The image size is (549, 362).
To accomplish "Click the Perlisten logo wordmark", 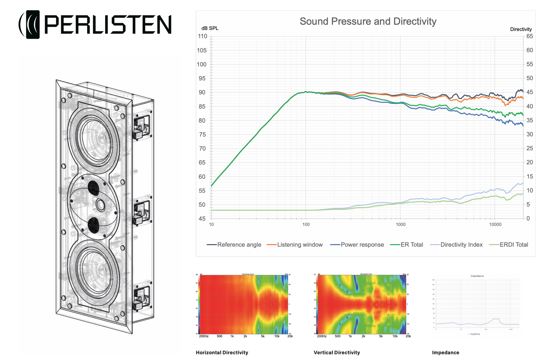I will (107, 24).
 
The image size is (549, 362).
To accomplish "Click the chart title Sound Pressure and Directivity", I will (368, 21).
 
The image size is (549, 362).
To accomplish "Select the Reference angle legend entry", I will (239, 245).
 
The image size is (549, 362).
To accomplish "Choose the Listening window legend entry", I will (300, 245).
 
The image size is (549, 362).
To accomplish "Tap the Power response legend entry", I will (362, 245).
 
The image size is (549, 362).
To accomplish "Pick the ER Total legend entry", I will (411, 245).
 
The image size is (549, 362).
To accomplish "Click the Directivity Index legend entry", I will (461, 245).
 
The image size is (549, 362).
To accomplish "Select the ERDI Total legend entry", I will (514, 245).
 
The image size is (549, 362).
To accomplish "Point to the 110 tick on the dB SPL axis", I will (203, 36).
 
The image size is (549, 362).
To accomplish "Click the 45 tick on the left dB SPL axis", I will (202, 219).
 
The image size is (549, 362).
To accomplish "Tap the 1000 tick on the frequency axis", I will (400, 225).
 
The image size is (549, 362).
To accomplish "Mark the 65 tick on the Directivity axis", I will (530, 36).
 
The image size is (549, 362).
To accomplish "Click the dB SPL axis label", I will (210, 28).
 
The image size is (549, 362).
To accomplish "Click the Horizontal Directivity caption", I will (222, 353).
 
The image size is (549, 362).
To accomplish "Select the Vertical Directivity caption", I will (337, 353).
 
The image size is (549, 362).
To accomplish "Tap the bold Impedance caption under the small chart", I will (446, 353).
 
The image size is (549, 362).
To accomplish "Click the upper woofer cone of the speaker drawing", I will (94, 139).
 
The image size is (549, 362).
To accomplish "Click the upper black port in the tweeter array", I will (93, 188).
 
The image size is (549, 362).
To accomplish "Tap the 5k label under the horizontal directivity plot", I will (263, 336).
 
